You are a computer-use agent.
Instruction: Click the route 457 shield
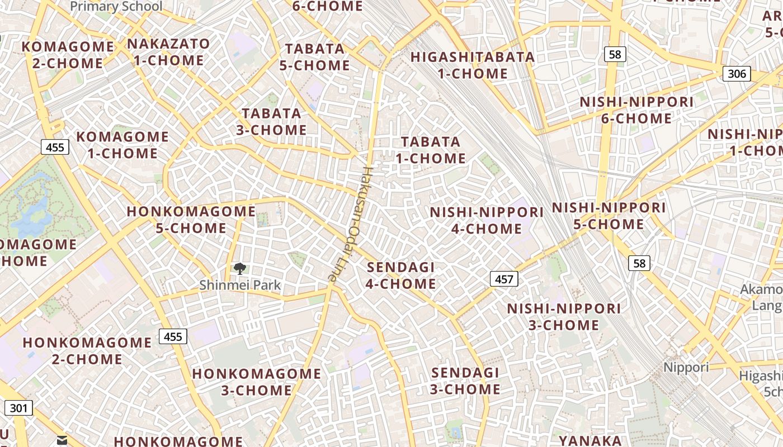click(x=504, y=279)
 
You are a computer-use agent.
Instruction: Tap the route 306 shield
click(x=737, y=74)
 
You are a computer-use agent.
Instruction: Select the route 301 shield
click(x=18, y=408)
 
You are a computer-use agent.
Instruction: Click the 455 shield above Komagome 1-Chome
click(x=55, y=147)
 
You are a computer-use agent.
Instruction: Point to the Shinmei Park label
click(x=240, y=285)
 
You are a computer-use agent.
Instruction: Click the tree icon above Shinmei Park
click(x=240, y=269)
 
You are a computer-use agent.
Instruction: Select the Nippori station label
click(x=686, y=367)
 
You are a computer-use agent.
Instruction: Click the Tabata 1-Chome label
click(x=431, y=150)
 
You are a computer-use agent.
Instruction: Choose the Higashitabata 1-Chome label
click(x=473, y=65)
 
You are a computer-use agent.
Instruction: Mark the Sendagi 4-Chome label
click(x=400, y=275)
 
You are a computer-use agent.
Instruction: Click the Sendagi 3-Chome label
click(x=465, y=381)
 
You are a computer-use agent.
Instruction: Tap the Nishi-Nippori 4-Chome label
click(x=487, y=220)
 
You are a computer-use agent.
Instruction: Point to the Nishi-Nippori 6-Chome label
click(x=636, y=110)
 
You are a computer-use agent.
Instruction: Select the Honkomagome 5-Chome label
click(x=191, y=220)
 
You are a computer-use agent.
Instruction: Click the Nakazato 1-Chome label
click(x=168, y=52)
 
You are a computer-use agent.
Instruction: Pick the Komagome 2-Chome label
click(x=68, y=55)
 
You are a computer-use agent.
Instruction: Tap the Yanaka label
click(x=590, y=440)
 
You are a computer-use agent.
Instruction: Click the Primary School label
click(x=116, y=7)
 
